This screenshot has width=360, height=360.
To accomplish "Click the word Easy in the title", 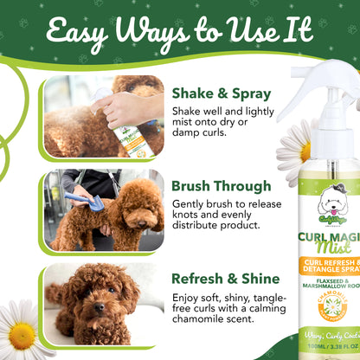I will [x=79, y=33].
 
